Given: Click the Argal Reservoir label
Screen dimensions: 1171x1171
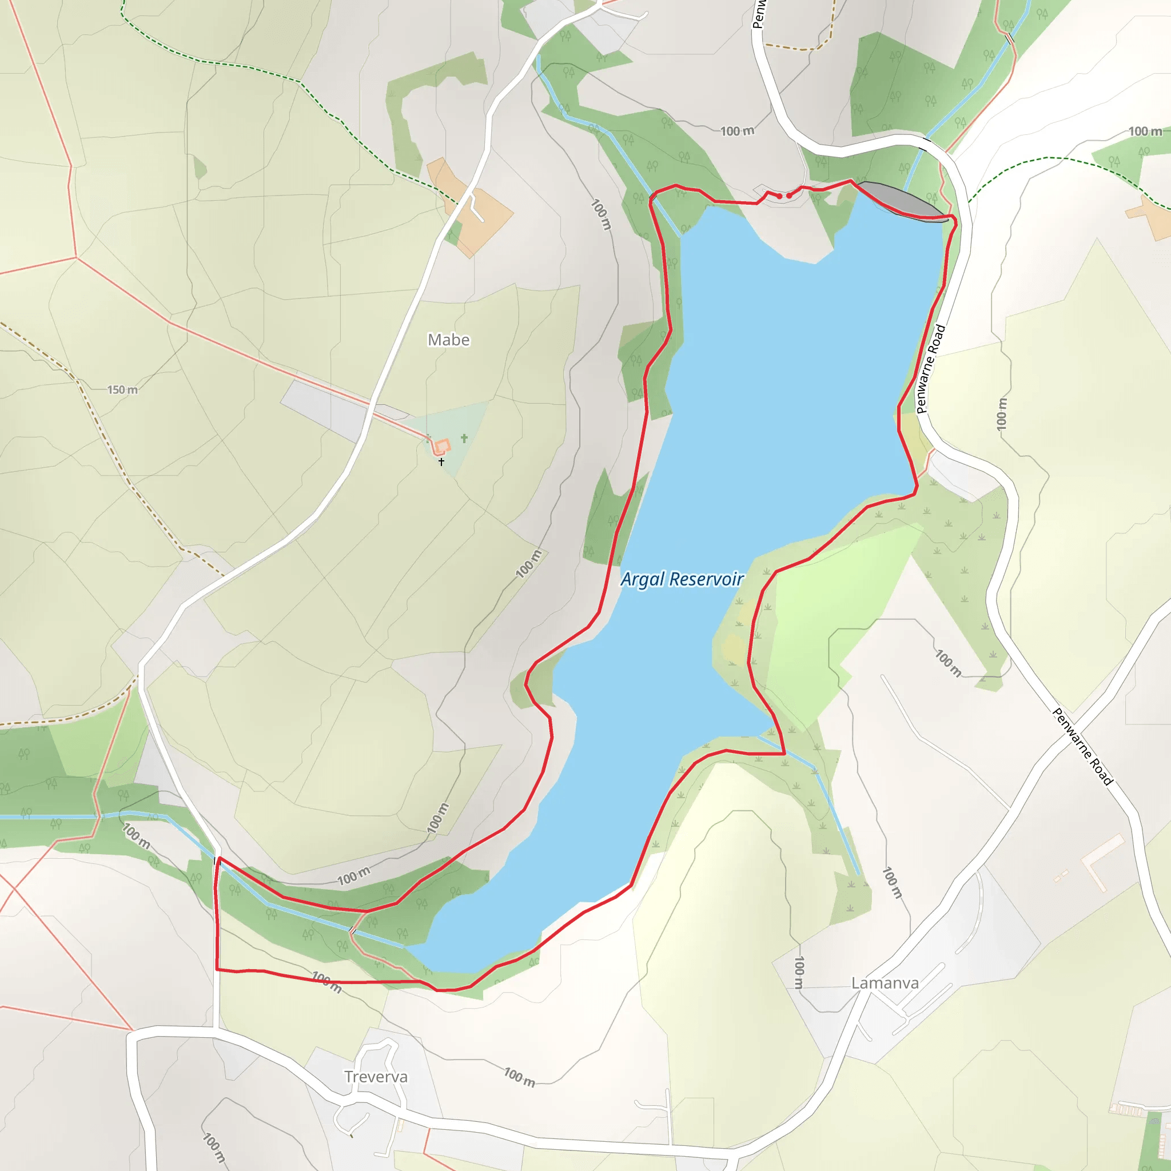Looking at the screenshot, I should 682,579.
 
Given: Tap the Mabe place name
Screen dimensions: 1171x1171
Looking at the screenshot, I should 448,340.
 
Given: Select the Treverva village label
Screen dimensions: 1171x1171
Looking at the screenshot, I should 376,1077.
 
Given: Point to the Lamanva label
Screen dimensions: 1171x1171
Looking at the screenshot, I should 885,982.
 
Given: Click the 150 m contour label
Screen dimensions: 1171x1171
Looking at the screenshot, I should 122,390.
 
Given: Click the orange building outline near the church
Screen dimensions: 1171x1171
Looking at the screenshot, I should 441,447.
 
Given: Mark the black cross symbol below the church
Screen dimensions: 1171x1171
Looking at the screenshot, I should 441,462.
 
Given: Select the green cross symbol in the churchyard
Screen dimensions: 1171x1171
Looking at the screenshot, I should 464,437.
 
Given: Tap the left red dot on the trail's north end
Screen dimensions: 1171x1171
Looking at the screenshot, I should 779,196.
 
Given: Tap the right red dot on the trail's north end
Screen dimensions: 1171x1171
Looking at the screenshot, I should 789,196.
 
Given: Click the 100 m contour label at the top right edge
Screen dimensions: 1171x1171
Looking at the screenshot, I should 1145,132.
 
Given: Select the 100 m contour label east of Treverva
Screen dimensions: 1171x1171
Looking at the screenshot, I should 519,1077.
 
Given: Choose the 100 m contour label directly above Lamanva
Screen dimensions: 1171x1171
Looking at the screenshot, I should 799,972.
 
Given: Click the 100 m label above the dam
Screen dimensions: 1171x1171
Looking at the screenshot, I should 737,131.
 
